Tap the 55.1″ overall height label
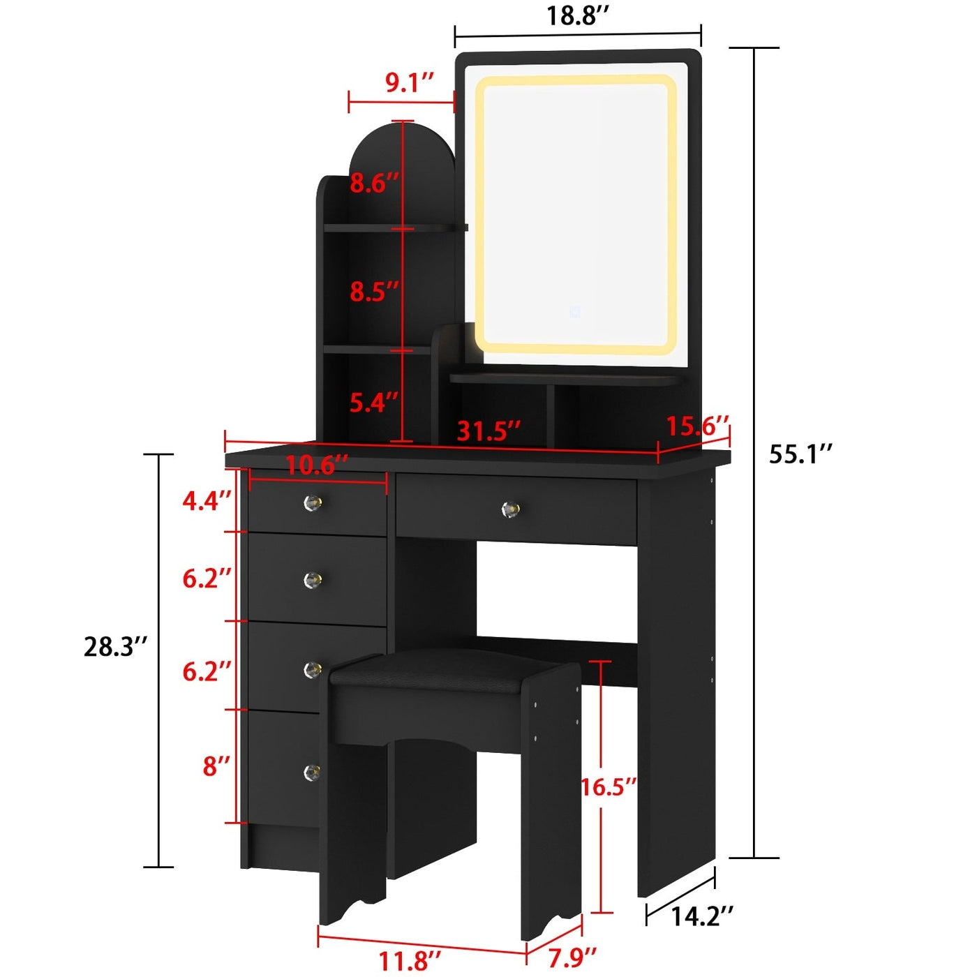tap(800, 454)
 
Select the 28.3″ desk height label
tap(116, 646)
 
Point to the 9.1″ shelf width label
tap(410, 82)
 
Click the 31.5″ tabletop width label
tap(488, 431)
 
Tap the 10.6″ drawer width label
tap(317, 465)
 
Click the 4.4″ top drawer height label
tap(207, 500)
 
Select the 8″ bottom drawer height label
tap(216, 766)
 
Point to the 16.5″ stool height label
tap(609, 786)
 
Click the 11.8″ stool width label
tap(410, 960)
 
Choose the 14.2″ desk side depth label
tap(702, 916)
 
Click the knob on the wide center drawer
tap(510, 509)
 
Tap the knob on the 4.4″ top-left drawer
tap(313, 502)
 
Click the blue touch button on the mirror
tap(575, 311)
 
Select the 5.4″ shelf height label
tap(374, 402)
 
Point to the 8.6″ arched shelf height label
tap(374, 183)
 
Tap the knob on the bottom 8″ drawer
tap(312, 772)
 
